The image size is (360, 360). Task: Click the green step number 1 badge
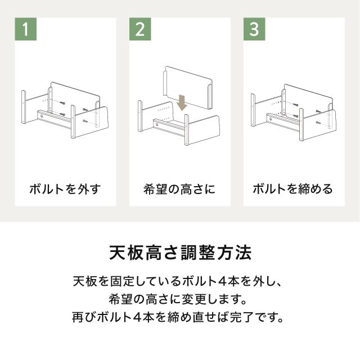25,29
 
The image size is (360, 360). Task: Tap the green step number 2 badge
140,29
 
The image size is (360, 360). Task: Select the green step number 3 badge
254,29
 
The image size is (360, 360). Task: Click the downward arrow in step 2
182,102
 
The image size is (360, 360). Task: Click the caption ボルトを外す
65,189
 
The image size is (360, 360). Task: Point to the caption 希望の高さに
179,189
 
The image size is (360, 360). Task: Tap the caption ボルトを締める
292,189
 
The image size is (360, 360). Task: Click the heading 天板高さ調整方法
180,253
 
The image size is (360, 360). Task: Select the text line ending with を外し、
177,281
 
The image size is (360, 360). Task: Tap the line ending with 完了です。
178,317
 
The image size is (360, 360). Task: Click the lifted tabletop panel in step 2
187,87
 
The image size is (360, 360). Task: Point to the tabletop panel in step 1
75,96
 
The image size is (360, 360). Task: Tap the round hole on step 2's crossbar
157,124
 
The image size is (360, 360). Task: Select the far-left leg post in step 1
24,107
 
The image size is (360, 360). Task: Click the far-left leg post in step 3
253,110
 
